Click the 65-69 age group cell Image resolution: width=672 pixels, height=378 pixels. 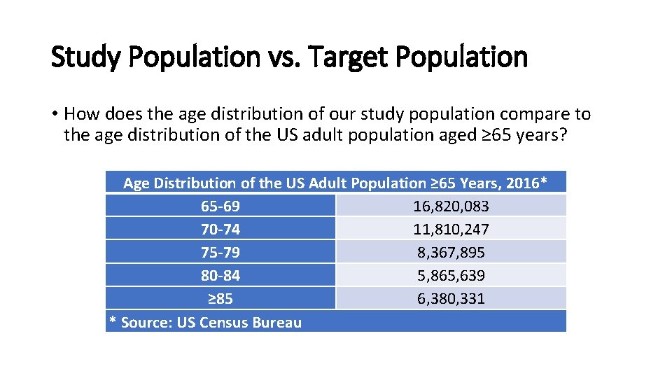(220, 206)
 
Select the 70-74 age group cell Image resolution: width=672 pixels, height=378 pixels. (220, 230)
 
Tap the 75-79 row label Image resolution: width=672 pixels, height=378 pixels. (220, 253)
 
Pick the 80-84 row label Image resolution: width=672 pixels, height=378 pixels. (220, 276)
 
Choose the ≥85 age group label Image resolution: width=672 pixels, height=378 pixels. (220, 299)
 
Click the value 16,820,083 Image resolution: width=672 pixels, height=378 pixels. (451, 206)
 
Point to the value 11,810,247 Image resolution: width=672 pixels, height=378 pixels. (451, 230)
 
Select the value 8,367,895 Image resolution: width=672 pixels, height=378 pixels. (451, 253)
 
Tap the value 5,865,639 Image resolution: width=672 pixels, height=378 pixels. (451, 276)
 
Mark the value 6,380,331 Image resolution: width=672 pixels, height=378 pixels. (451, 299)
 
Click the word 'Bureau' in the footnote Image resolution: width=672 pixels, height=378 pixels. (278, 322)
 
